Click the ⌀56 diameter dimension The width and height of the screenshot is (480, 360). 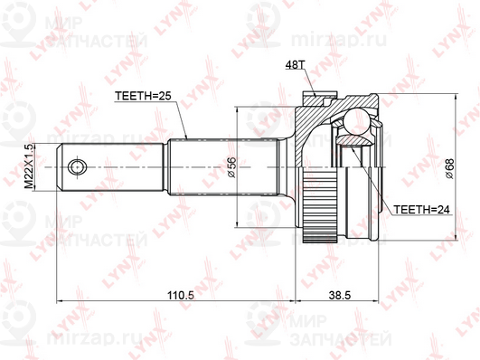tap(231, 166)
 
